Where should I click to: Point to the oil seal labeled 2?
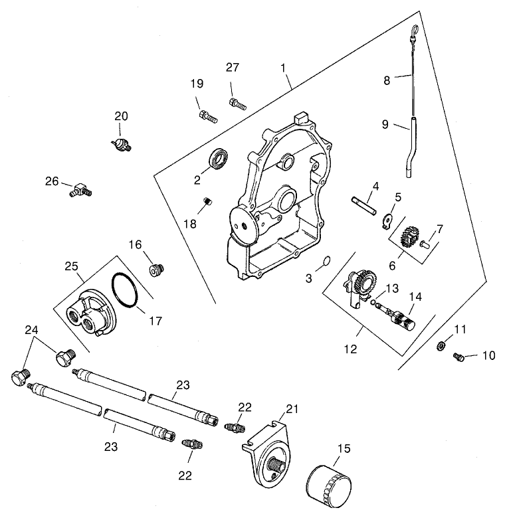tap(219, 161)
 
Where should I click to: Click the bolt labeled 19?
tap(207, 116)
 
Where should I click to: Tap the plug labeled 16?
tap(157, 270)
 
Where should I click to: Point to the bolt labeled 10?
tap(458, 357)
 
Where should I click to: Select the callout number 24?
tap(31, 330)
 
